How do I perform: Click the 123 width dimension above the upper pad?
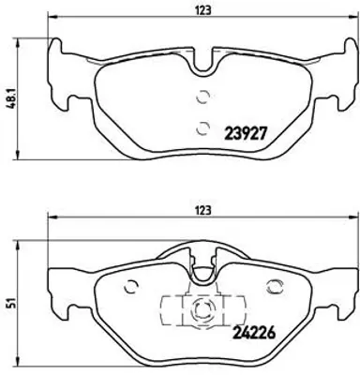(201, 10)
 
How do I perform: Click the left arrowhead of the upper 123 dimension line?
(52, 22)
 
